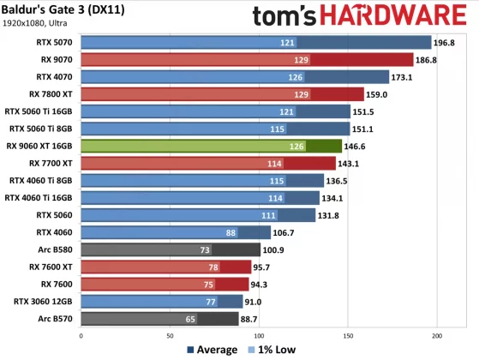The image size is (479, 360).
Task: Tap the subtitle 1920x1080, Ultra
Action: tap(39, 24)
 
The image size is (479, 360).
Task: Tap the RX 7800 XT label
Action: tap(51, 94)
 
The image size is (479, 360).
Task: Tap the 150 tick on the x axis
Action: tap(348, 335)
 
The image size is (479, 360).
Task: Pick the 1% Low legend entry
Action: tap(272, 350)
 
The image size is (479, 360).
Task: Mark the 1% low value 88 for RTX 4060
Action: tap(231, 232)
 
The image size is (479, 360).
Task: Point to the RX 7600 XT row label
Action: tap(51, 267)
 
